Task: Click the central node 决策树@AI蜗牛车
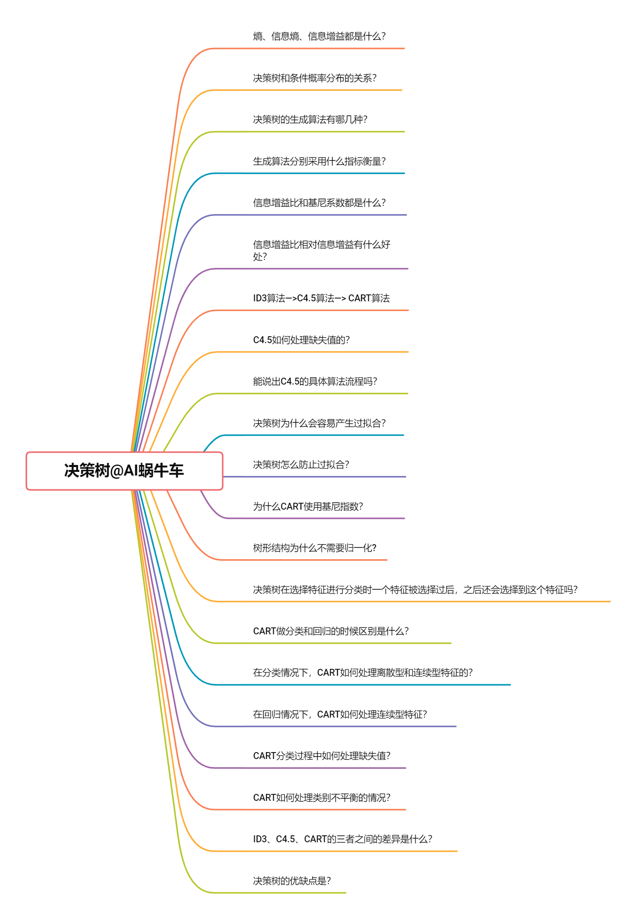(124, 471)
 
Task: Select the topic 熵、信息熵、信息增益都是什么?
(319, 37)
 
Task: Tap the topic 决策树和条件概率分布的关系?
(315, 78)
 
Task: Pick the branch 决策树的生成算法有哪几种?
(310, 119)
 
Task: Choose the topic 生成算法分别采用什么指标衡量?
(319, 161)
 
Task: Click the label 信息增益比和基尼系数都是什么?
(319, 203)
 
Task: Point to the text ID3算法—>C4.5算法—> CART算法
(321, 298)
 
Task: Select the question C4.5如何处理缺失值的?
(301, 340)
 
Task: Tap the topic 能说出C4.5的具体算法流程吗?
(315, 381)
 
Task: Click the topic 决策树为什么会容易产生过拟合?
(319, 423)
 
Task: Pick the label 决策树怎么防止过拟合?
(301, 465)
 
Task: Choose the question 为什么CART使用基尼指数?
(308, 506)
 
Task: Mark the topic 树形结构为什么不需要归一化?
(315, 548)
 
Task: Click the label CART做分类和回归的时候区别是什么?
(331, 631)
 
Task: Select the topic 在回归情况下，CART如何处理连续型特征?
(340, 714)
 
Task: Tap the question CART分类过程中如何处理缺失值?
(322, 756)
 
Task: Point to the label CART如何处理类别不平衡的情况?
(322, 798)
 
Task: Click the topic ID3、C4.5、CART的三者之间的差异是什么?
(342, 839)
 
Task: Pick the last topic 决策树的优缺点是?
(292, 881)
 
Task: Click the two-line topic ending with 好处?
(321, 250)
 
